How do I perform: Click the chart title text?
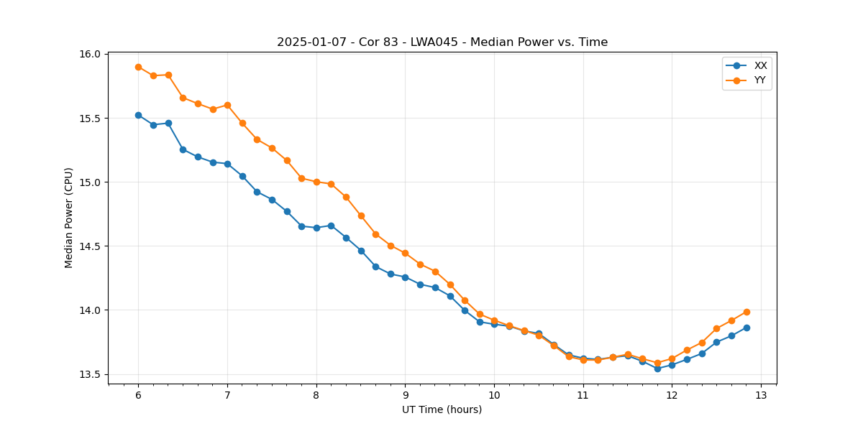[x=442, y=42]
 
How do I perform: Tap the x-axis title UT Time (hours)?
[x=442, y=409]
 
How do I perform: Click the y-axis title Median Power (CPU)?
[x=69, y=218]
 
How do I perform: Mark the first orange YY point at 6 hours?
[x=138, y=67]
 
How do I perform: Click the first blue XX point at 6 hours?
[x=138, y=115]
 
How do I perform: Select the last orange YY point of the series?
[x=746, y=312]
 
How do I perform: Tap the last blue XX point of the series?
[x=746, y=328]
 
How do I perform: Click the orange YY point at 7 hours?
[x=227, y=105]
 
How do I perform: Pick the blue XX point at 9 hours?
[x=405, y=277]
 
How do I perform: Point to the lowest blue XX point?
[x=657, y=369]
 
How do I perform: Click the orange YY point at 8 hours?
[x=316, y=182]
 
